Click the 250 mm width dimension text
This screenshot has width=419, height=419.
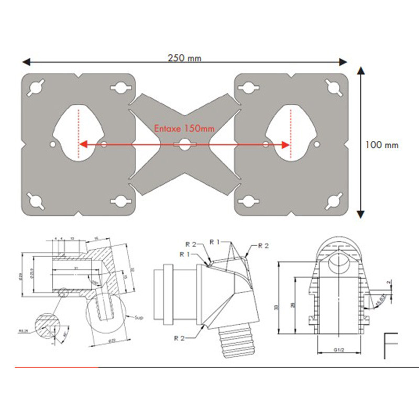tap(184, 58)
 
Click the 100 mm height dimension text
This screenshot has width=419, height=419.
tap(382, 145)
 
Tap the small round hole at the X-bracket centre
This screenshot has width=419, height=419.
tap(183, 145)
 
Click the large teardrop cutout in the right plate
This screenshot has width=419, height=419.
tap(290, 134)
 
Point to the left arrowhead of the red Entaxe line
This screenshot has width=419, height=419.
tap(82, 145)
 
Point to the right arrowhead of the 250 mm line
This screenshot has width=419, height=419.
tap(343, 62)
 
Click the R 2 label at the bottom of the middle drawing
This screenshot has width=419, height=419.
tap(180, 337)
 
